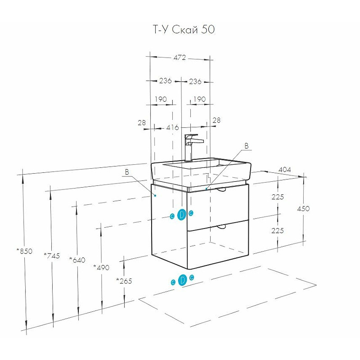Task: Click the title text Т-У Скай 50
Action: pyautogui.click(x=184, y=30)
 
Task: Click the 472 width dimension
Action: pyautogui.click(x=180, y=58)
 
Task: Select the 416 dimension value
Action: pyautogui.click(x=172, y=127)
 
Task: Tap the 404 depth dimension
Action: pyautogui.click(x=284, y=170)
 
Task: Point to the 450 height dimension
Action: pyautogui.click(x=303, y=209)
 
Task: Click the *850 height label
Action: pyautogui.click(x=24, y=251)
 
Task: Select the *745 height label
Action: pyautogui.click(x=52, y=256)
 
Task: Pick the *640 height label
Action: pyautogui.click(x=77, y=260)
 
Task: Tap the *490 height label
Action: pyautogui.click(x=101, y=267)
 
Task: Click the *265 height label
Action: pyautogui.click(x=124, y=281)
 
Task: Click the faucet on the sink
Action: pyautogui.click(x=192, y=148)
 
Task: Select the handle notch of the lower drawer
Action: pyautogui.click(x=221, y=227)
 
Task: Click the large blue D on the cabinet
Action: pyautogui.click(x=182, y=215)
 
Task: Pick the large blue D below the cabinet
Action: pyautogui.click(x=183, y=280)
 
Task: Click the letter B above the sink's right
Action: pyautogui.click(x=246, y=146)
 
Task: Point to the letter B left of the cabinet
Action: pyautogui.click(x=127, y=172)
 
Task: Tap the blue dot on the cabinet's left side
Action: pyautogui.click(x=155, y=195)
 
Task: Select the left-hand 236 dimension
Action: pyautogui.click(x=165, y=81)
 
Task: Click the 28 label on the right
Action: pyautogui.click(x=216, y=120)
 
